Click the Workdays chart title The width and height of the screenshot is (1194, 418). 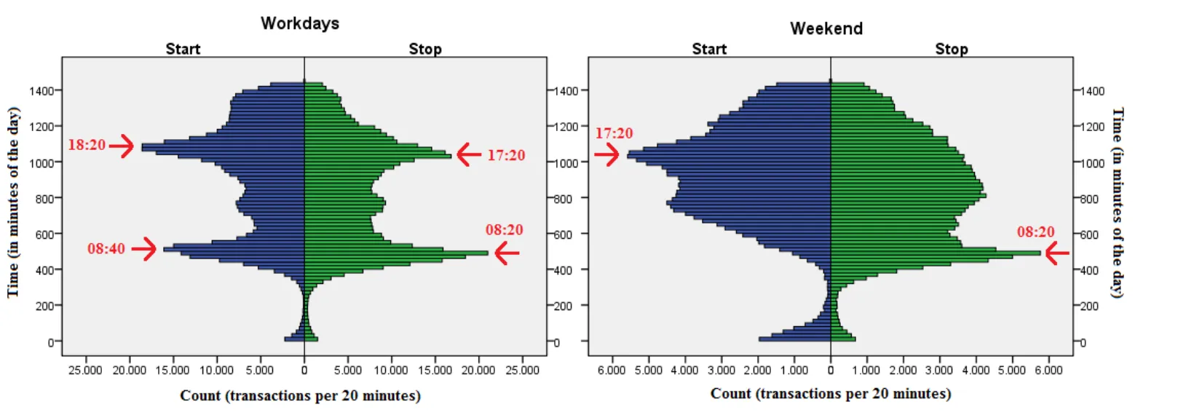pos(300,23)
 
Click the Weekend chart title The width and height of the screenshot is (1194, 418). pos(826,28)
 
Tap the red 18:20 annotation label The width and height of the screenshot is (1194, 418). pos(87,145)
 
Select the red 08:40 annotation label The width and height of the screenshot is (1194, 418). pos(106,249)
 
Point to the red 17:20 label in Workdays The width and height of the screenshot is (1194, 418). pos(506,155)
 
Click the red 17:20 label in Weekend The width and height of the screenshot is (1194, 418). pos(614,133)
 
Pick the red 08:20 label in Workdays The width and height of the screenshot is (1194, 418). pos(505,230)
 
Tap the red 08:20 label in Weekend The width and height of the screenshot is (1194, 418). pos(1035,232)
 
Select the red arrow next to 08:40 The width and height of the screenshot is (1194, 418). pos(143,249)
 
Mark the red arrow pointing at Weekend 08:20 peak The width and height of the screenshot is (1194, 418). pos(1057,253)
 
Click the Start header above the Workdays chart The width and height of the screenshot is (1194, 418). pos(183,49)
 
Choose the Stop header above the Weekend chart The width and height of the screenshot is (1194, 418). pos(952,49)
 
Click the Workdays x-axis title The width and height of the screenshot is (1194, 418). pos(300,395)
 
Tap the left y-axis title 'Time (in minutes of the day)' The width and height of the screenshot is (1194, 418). pos(13,202)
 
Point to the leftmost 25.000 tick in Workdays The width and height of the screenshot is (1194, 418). pos(85,370)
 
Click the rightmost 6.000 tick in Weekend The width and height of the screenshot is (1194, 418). pos(1048,370)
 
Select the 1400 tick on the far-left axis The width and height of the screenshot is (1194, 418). pos(41,91)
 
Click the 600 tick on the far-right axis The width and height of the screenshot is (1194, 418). pos(1090,234)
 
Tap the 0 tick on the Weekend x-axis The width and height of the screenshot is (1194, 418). pos(831,370)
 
